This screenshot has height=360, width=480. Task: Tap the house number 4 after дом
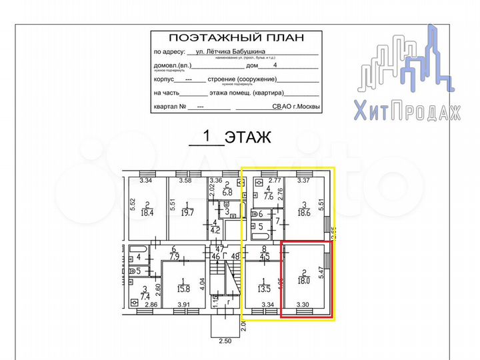pyautogui.click(x=275, y=66)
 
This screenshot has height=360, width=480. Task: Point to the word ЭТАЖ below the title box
pyautogui.click(x=247, y=138)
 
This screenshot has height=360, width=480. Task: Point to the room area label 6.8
pyautogui.click(x=227, y=192)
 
